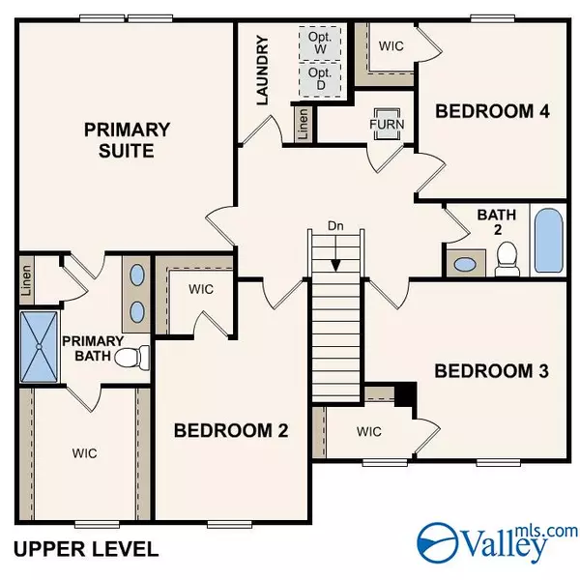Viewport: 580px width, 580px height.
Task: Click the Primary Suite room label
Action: click(x=127, y=140)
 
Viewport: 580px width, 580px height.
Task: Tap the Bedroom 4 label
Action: click(x=492, y=111)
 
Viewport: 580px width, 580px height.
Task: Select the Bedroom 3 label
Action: click(x=492, y=371)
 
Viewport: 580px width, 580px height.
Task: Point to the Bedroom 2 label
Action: click(x=231, y=430)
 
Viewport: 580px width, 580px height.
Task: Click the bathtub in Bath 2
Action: click(x=548, y=241)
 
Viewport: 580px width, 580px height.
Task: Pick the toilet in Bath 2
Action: click(x=507, y=258)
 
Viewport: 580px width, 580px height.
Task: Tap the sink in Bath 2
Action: click(x=465, y=265)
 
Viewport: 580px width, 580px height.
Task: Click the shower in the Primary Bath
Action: click(x=40, y=347)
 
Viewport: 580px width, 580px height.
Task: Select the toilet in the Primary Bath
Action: click(x=132, y=358)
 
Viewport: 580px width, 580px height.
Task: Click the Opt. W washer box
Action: click(x=320, y=43)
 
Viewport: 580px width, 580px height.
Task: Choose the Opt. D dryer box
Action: click(x=320, y=79)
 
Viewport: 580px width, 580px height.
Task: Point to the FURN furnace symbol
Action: click(x=387, y=125)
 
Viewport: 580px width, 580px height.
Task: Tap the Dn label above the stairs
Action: click(x=335, y=225)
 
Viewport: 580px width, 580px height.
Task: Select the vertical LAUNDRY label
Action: click(x=262, y=71)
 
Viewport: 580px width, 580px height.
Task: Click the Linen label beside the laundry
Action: click(x=303, y=124)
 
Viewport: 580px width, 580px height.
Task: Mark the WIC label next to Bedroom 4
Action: click(x=391, y=46)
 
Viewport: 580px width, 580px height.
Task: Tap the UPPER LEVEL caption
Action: click(x=86, y=549)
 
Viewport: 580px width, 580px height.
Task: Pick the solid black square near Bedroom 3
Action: click(x=406, y=394)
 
